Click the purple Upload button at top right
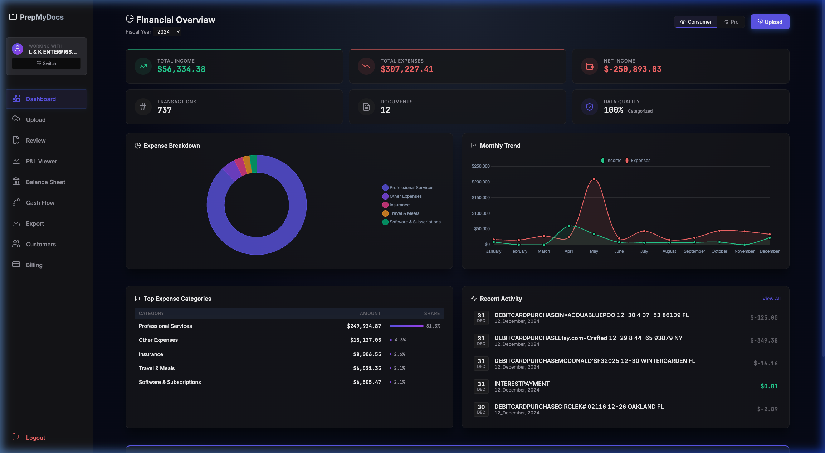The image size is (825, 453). point(770,22)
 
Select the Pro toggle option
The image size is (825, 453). point(731,22)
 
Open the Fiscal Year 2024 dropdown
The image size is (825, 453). point(167,32)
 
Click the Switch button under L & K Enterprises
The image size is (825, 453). point(46,63)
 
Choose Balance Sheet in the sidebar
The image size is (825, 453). point(45,182)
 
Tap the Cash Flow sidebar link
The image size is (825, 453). point(40,203)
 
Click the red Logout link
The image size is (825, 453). point(35,438)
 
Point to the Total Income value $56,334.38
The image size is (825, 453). point(181,69)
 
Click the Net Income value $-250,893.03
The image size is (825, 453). point(632,69)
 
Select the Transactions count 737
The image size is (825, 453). point(164,110)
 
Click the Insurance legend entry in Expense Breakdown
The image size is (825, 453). point(399,205)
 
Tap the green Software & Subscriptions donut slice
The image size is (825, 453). point(253,163)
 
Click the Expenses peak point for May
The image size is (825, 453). point(594,179)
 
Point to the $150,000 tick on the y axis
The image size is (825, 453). point(480,198)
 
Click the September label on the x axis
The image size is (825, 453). point(694,251)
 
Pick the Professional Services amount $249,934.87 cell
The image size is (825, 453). point(363,326)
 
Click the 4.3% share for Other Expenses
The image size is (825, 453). point(400,340)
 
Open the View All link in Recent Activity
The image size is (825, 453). point(771,299)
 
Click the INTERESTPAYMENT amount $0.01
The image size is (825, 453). point(768,386)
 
